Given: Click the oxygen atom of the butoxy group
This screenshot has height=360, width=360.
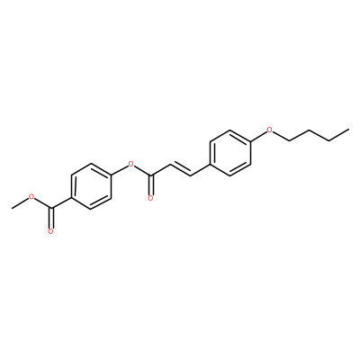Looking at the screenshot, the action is pyautogui.click(x=270, y=130).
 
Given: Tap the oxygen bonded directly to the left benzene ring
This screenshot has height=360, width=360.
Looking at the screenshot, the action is pyautogui.click(x=130, y=164).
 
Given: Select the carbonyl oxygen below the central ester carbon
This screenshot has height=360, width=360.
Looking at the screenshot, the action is pyautogui.click(x=151, y=198).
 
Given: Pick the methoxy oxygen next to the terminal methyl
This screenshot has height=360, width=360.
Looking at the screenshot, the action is pyautogui.click(x=31, y=197).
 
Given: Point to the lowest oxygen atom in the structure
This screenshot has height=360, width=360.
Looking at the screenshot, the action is pyautogui.click(x=50, y=231).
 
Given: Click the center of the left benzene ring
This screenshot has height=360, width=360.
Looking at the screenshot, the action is pyautogui.click(x=91, y=186).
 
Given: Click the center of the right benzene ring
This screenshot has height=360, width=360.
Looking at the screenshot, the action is pyautogui.click(x=230, y=153).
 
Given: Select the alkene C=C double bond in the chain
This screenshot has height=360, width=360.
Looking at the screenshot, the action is pyautogui.click(x=181, y=169).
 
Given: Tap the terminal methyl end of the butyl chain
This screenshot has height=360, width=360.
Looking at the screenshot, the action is pyautogui.click(x=348, y=130).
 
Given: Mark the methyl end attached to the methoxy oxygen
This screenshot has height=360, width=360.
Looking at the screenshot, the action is pyautogui.click(x=12, y=208).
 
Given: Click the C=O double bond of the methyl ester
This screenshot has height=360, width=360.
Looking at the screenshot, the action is pyautogui.click(x=51, y=218).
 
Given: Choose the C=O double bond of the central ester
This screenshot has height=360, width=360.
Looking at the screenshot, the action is pyautogui.click(x=151, y=184).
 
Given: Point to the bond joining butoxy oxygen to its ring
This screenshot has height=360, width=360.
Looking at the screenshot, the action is pyautogui.click(x=258, y=136).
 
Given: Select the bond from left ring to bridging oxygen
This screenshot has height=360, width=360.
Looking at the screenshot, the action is pyautogui.click(x=119, y=169).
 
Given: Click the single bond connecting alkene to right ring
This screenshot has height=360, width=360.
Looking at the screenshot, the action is pyautogui.click(x=201, y=170).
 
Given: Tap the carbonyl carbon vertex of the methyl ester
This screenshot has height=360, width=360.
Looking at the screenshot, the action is pyautogui.click(x=51, y=208).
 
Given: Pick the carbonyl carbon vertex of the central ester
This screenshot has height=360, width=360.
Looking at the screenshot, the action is pyautogui.click(x=151, y=175).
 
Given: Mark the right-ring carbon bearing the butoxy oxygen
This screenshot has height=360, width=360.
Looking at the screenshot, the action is pyautogui.click(x=251, y=141).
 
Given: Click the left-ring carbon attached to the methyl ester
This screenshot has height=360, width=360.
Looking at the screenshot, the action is pyautogui.click(x=71, y=197).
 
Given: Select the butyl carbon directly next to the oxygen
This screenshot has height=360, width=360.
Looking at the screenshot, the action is pyautogui.click(x=290, y=140).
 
